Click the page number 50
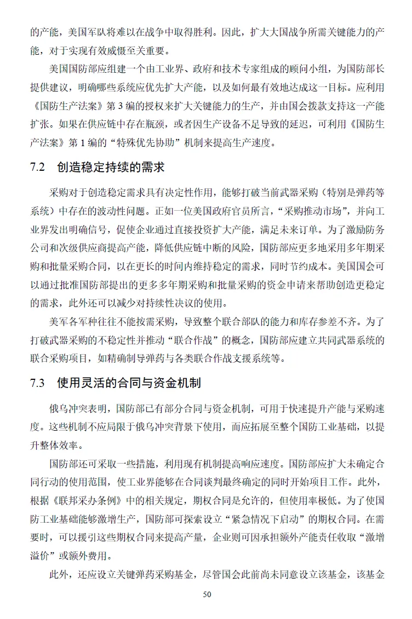coord(207,594)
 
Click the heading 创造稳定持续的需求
coord(111,167)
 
